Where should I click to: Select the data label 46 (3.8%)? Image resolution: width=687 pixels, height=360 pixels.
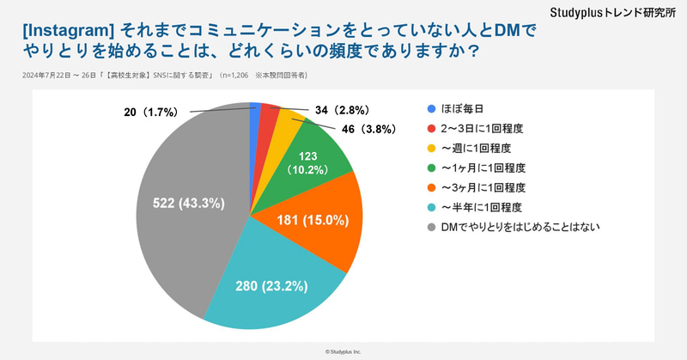point(366,130)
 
